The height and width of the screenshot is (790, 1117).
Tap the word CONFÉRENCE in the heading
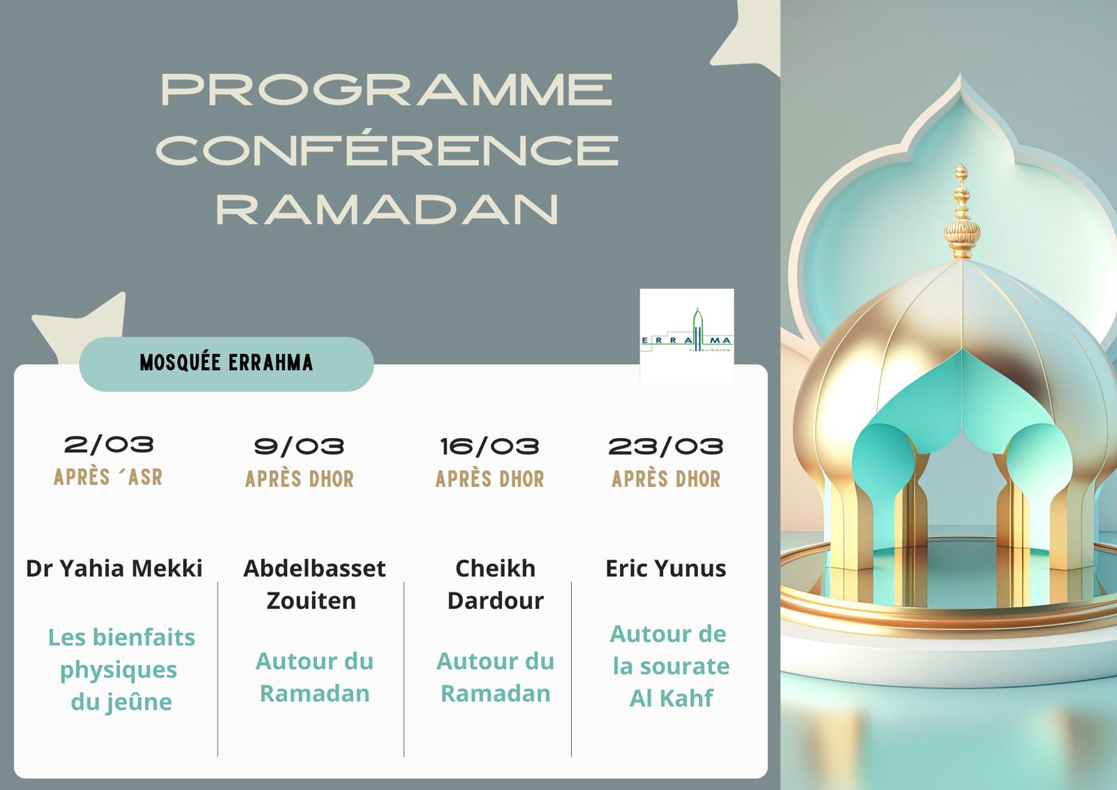click(387, 149)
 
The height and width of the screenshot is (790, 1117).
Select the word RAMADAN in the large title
click(387, 208)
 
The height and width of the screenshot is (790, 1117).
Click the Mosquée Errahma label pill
click(226, 363)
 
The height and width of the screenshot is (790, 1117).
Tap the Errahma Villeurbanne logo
click(686, 335)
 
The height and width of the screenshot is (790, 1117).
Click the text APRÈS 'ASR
click(108, 478)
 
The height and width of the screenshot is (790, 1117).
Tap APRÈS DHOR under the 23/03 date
click(666, 479)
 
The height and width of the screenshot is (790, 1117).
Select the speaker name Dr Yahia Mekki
click(114, 569)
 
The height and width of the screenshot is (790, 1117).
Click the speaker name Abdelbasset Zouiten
click(313, 584)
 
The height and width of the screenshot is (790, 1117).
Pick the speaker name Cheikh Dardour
click(495, 584)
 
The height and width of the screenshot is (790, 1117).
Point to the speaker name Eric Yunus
click(665, 569)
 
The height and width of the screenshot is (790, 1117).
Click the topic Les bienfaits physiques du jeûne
click(121, 669)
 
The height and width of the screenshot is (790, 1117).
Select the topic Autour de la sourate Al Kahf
click(670, 666)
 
